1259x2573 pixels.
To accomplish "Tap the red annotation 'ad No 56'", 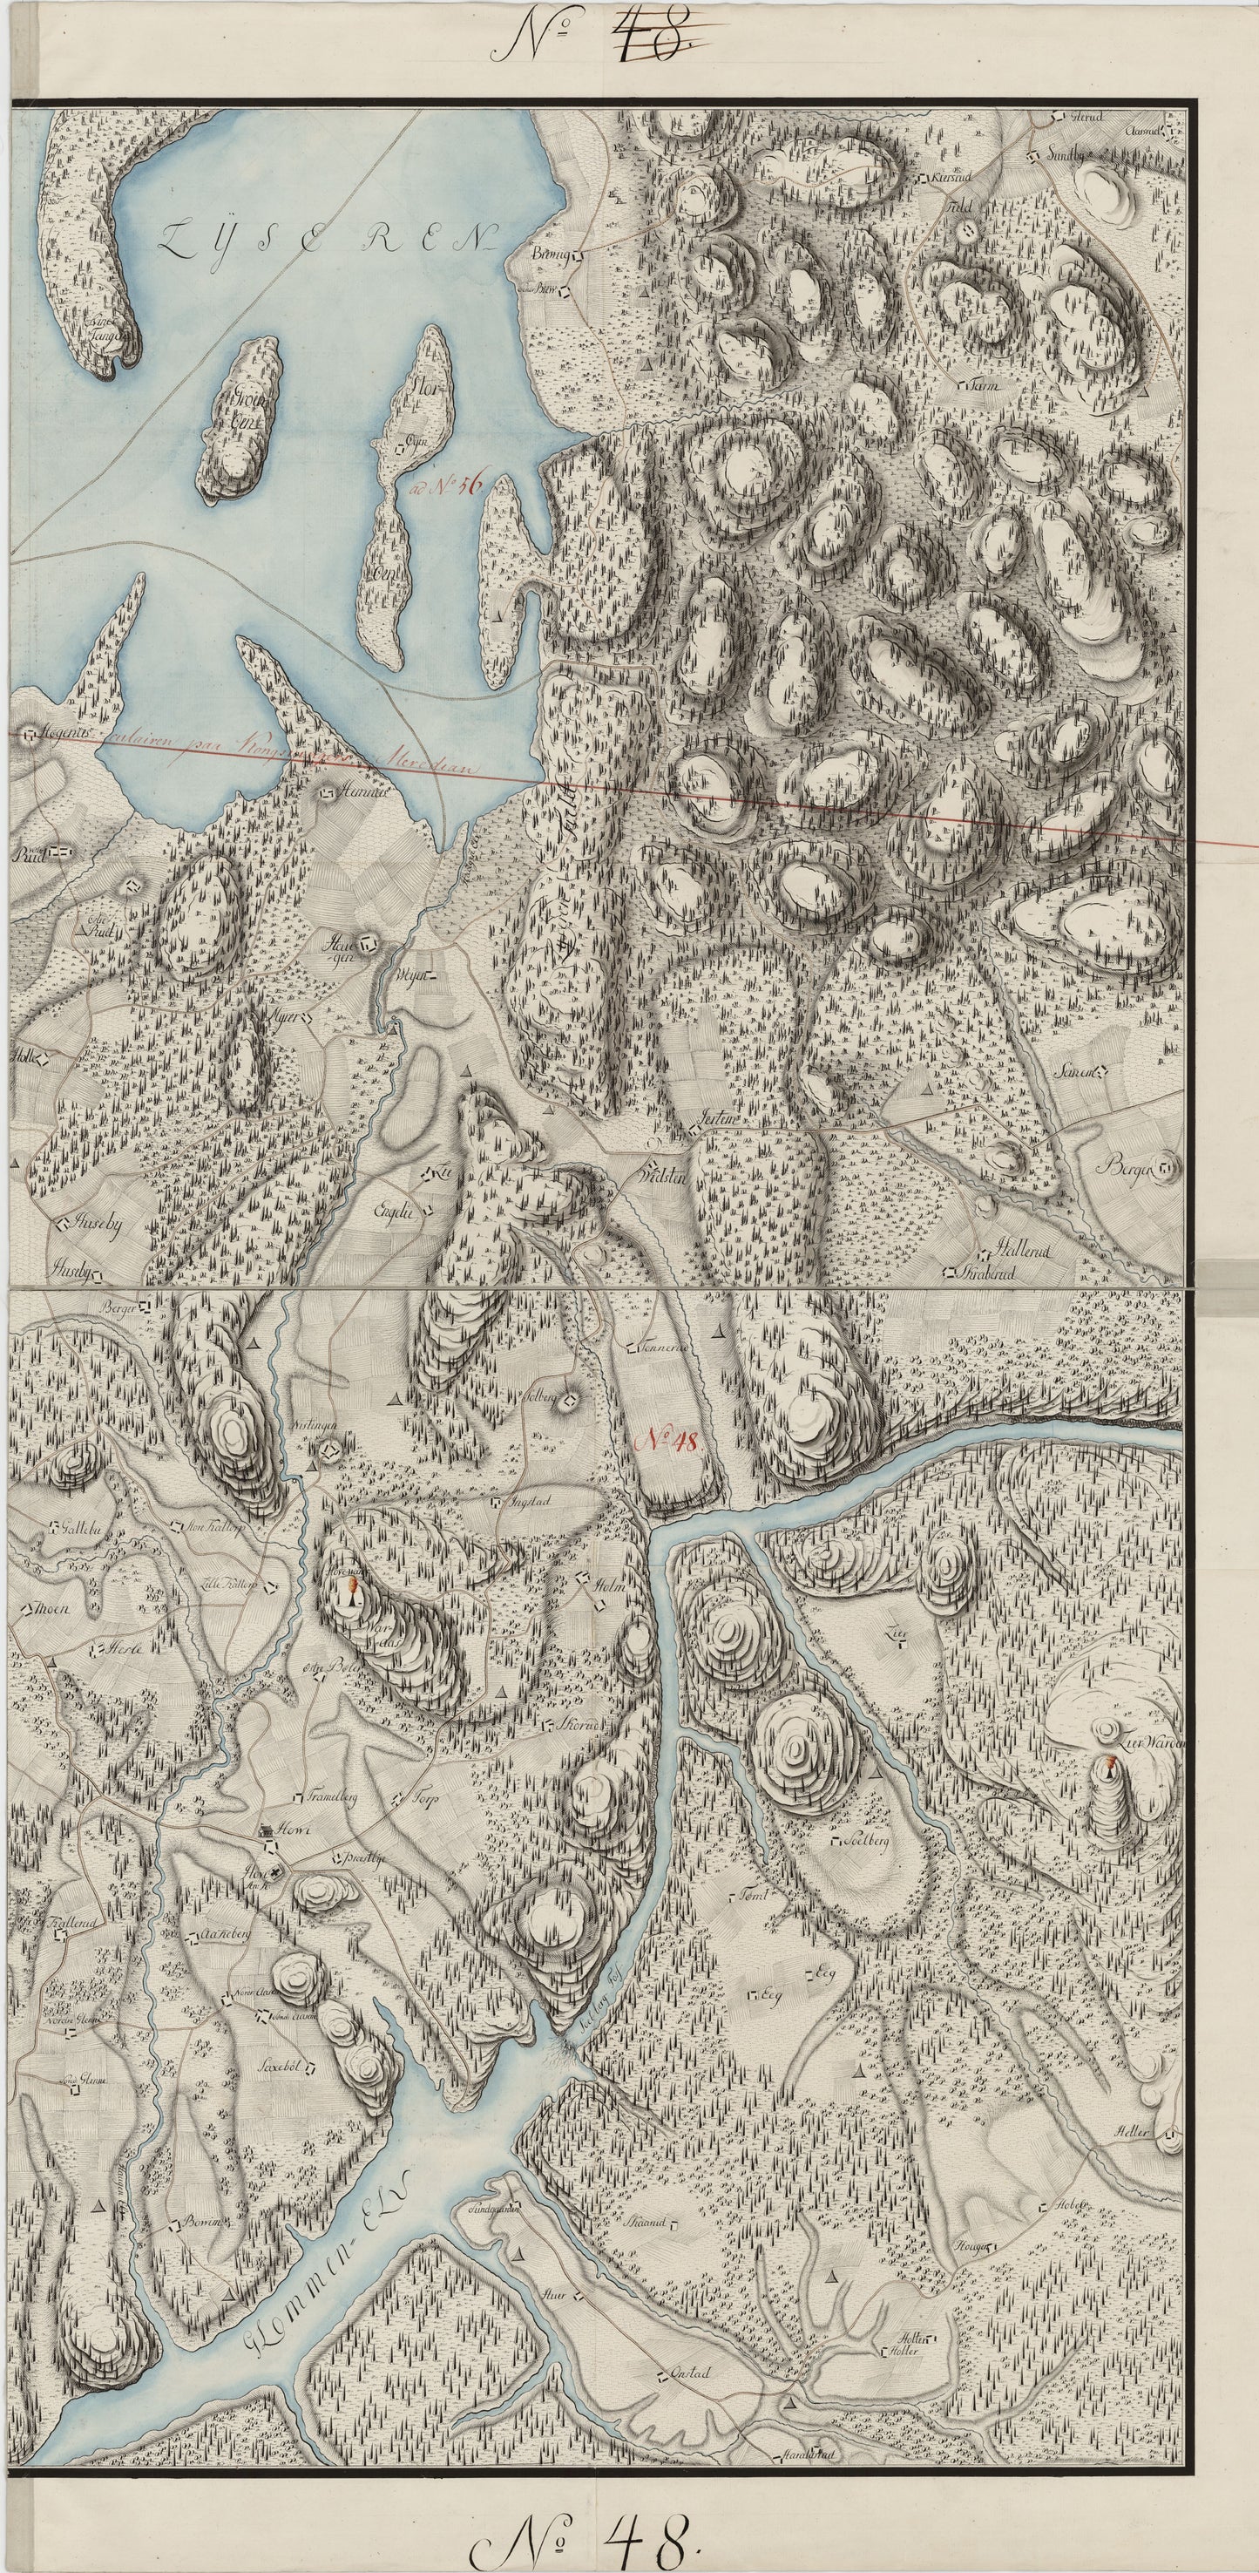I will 446,486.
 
